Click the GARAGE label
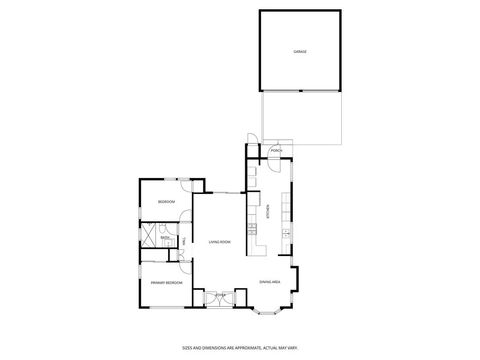(x=299, y=50)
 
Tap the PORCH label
(x=277, y=151)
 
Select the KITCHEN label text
(x=269, y=210)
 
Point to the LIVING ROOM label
(x=220, y=242)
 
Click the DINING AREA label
(x=269, y=282)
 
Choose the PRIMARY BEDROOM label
(x=166, y=283)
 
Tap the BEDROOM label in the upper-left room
(x=166, y=203)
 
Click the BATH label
(x=163, y=237)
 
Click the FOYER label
(x=220, y=295)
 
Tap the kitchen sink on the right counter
(x=286, y=234)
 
